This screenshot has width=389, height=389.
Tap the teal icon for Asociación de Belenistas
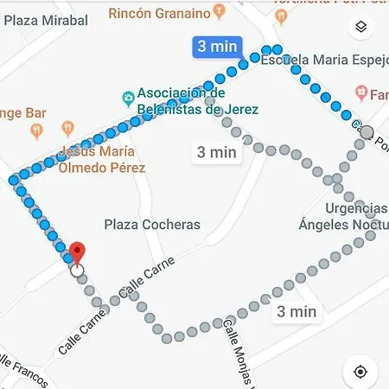127,96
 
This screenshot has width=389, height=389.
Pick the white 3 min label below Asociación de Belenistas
217,152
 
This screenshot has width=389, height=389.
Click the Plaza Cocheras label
152,225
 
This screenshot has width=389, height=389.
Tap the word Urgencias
356,208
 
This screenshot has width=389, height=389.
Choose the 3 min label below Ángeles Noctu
297,311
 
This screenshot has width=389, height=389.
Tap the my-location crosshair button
360,372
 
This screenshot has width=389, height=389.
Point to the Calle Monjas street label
235,354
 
